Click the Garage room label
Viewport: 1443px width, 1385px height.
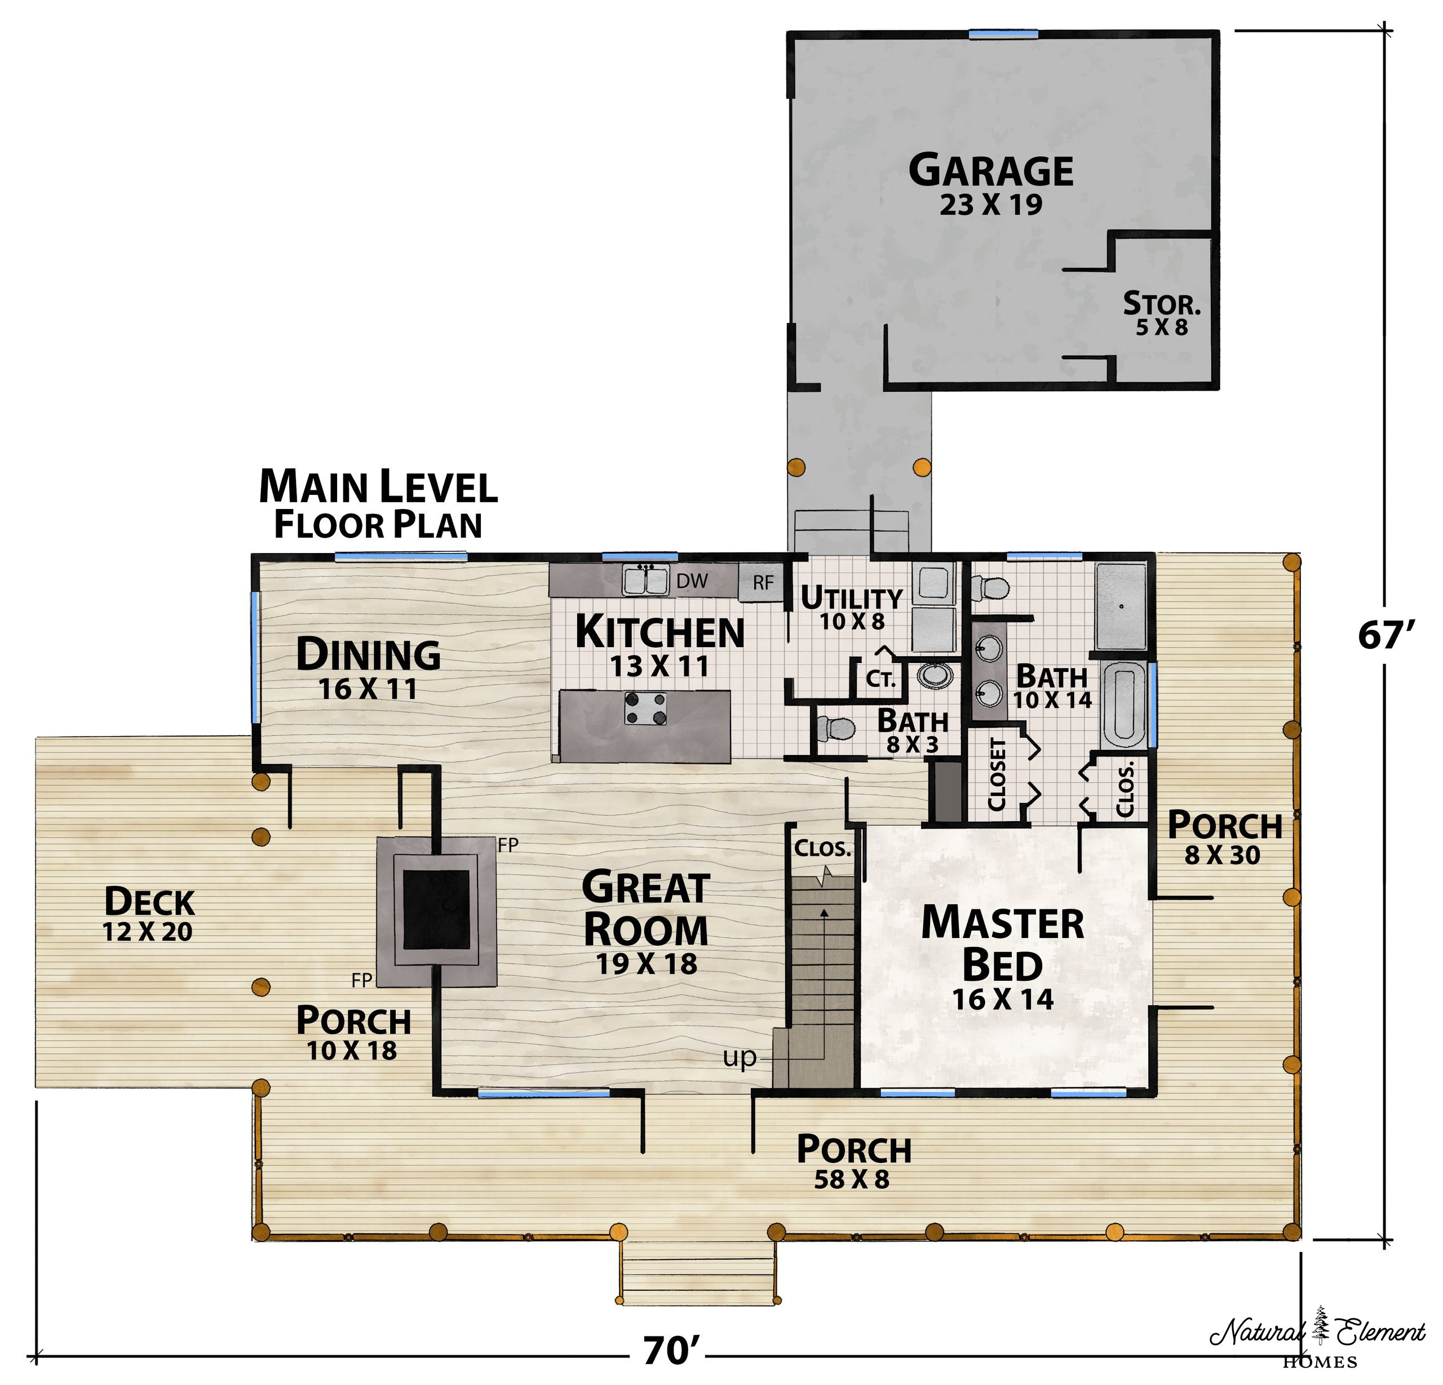tap(991, 170)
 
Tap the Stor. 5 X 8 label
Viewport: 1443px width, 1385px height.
tap(1161, 313)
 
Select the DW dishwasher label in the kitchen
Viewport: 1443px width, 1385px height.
tap(692, 581)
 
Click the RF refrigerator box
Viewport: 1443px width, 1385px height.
tap(763, 582)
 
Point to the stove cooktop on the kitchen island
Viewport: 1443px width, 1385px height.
tap(645, 707)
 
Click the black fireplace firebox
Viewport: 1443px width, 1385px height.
tap(437, 909)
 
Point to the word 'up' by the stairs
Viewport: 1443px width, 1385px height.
tap(739, 1057)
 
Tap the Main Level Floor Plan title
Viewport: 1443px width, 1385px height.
tap(378, 505)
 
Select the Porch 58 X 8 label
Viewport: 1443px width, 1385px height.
tap(853, 1163)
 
